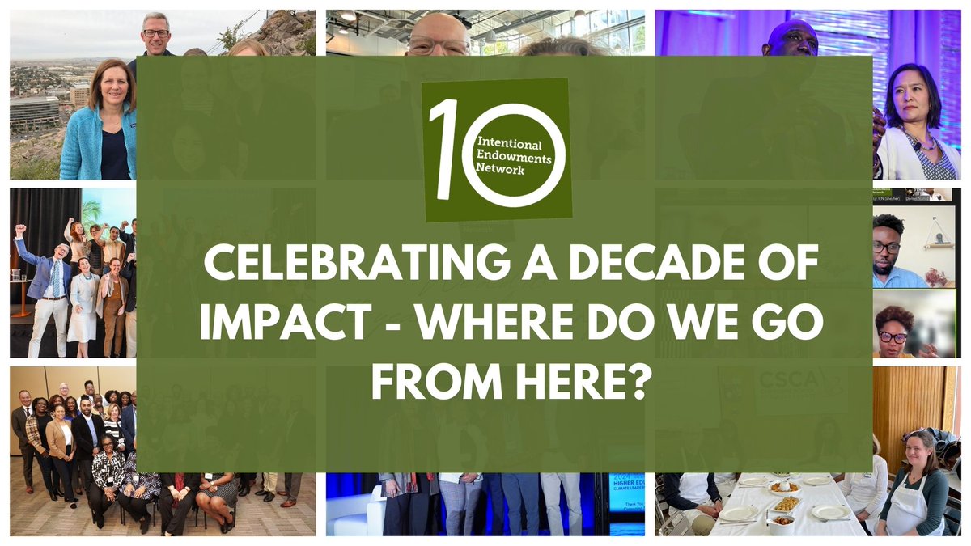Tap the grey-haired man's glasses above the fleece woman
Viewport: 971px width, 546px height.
click(x=155, y=33)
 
